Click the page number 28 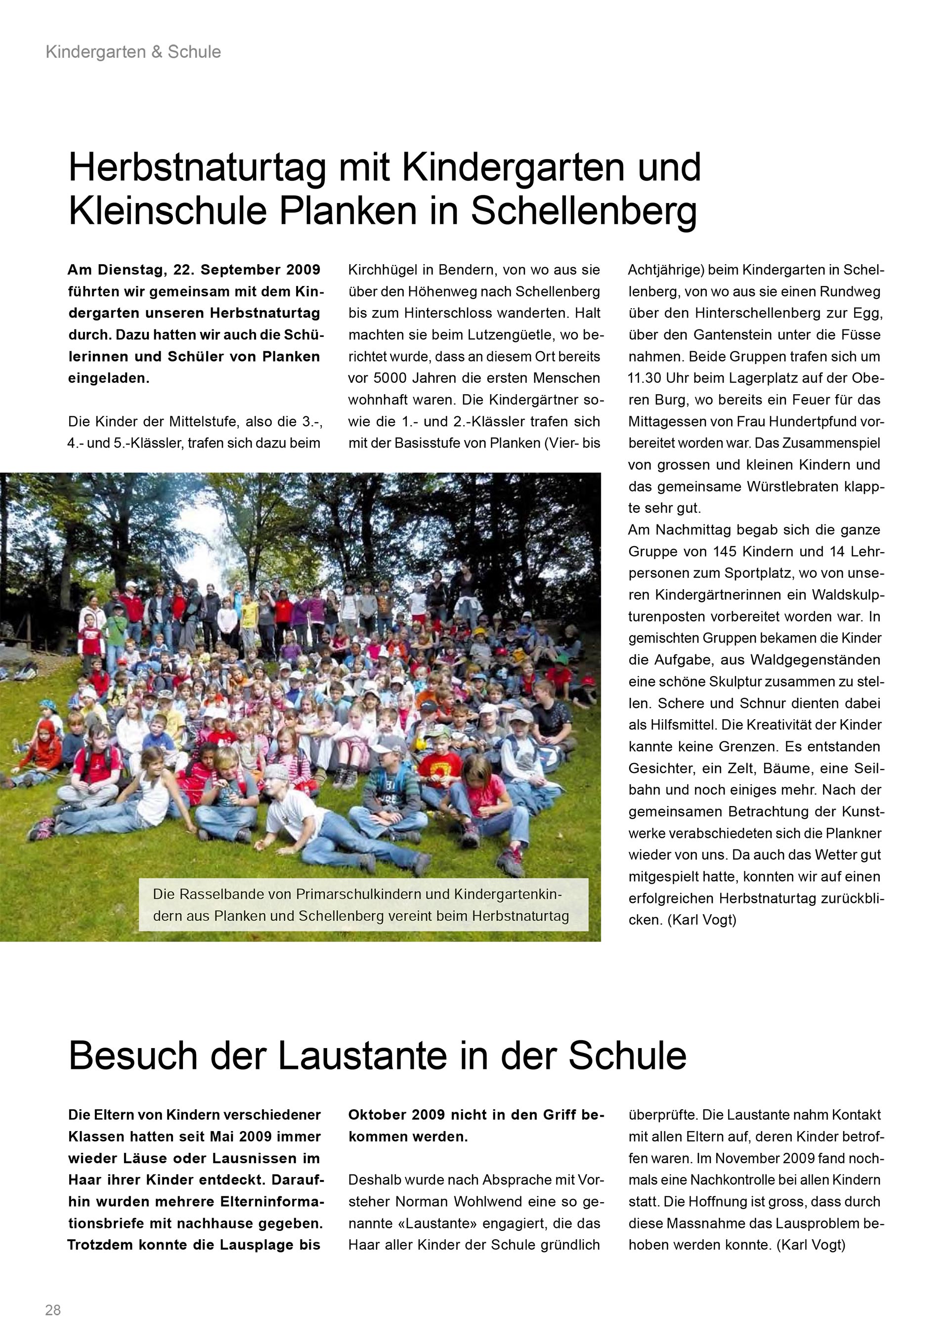(52, 1310)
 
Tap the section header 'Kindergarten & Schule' (133, 52)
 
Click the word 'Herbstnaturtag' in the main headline (196, 167)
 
